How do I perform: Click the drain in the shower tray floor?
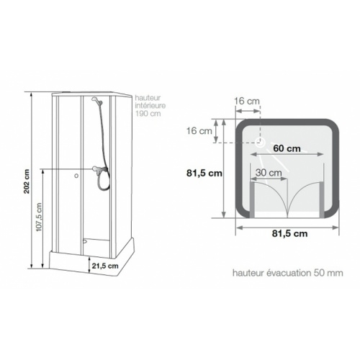click(86, 243)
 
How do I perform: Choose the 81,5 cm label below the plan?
click(287, 233)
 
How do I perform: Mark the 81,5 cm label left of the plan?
click(204, 174)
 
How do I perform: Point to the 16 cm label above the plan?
click(248, 101)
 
